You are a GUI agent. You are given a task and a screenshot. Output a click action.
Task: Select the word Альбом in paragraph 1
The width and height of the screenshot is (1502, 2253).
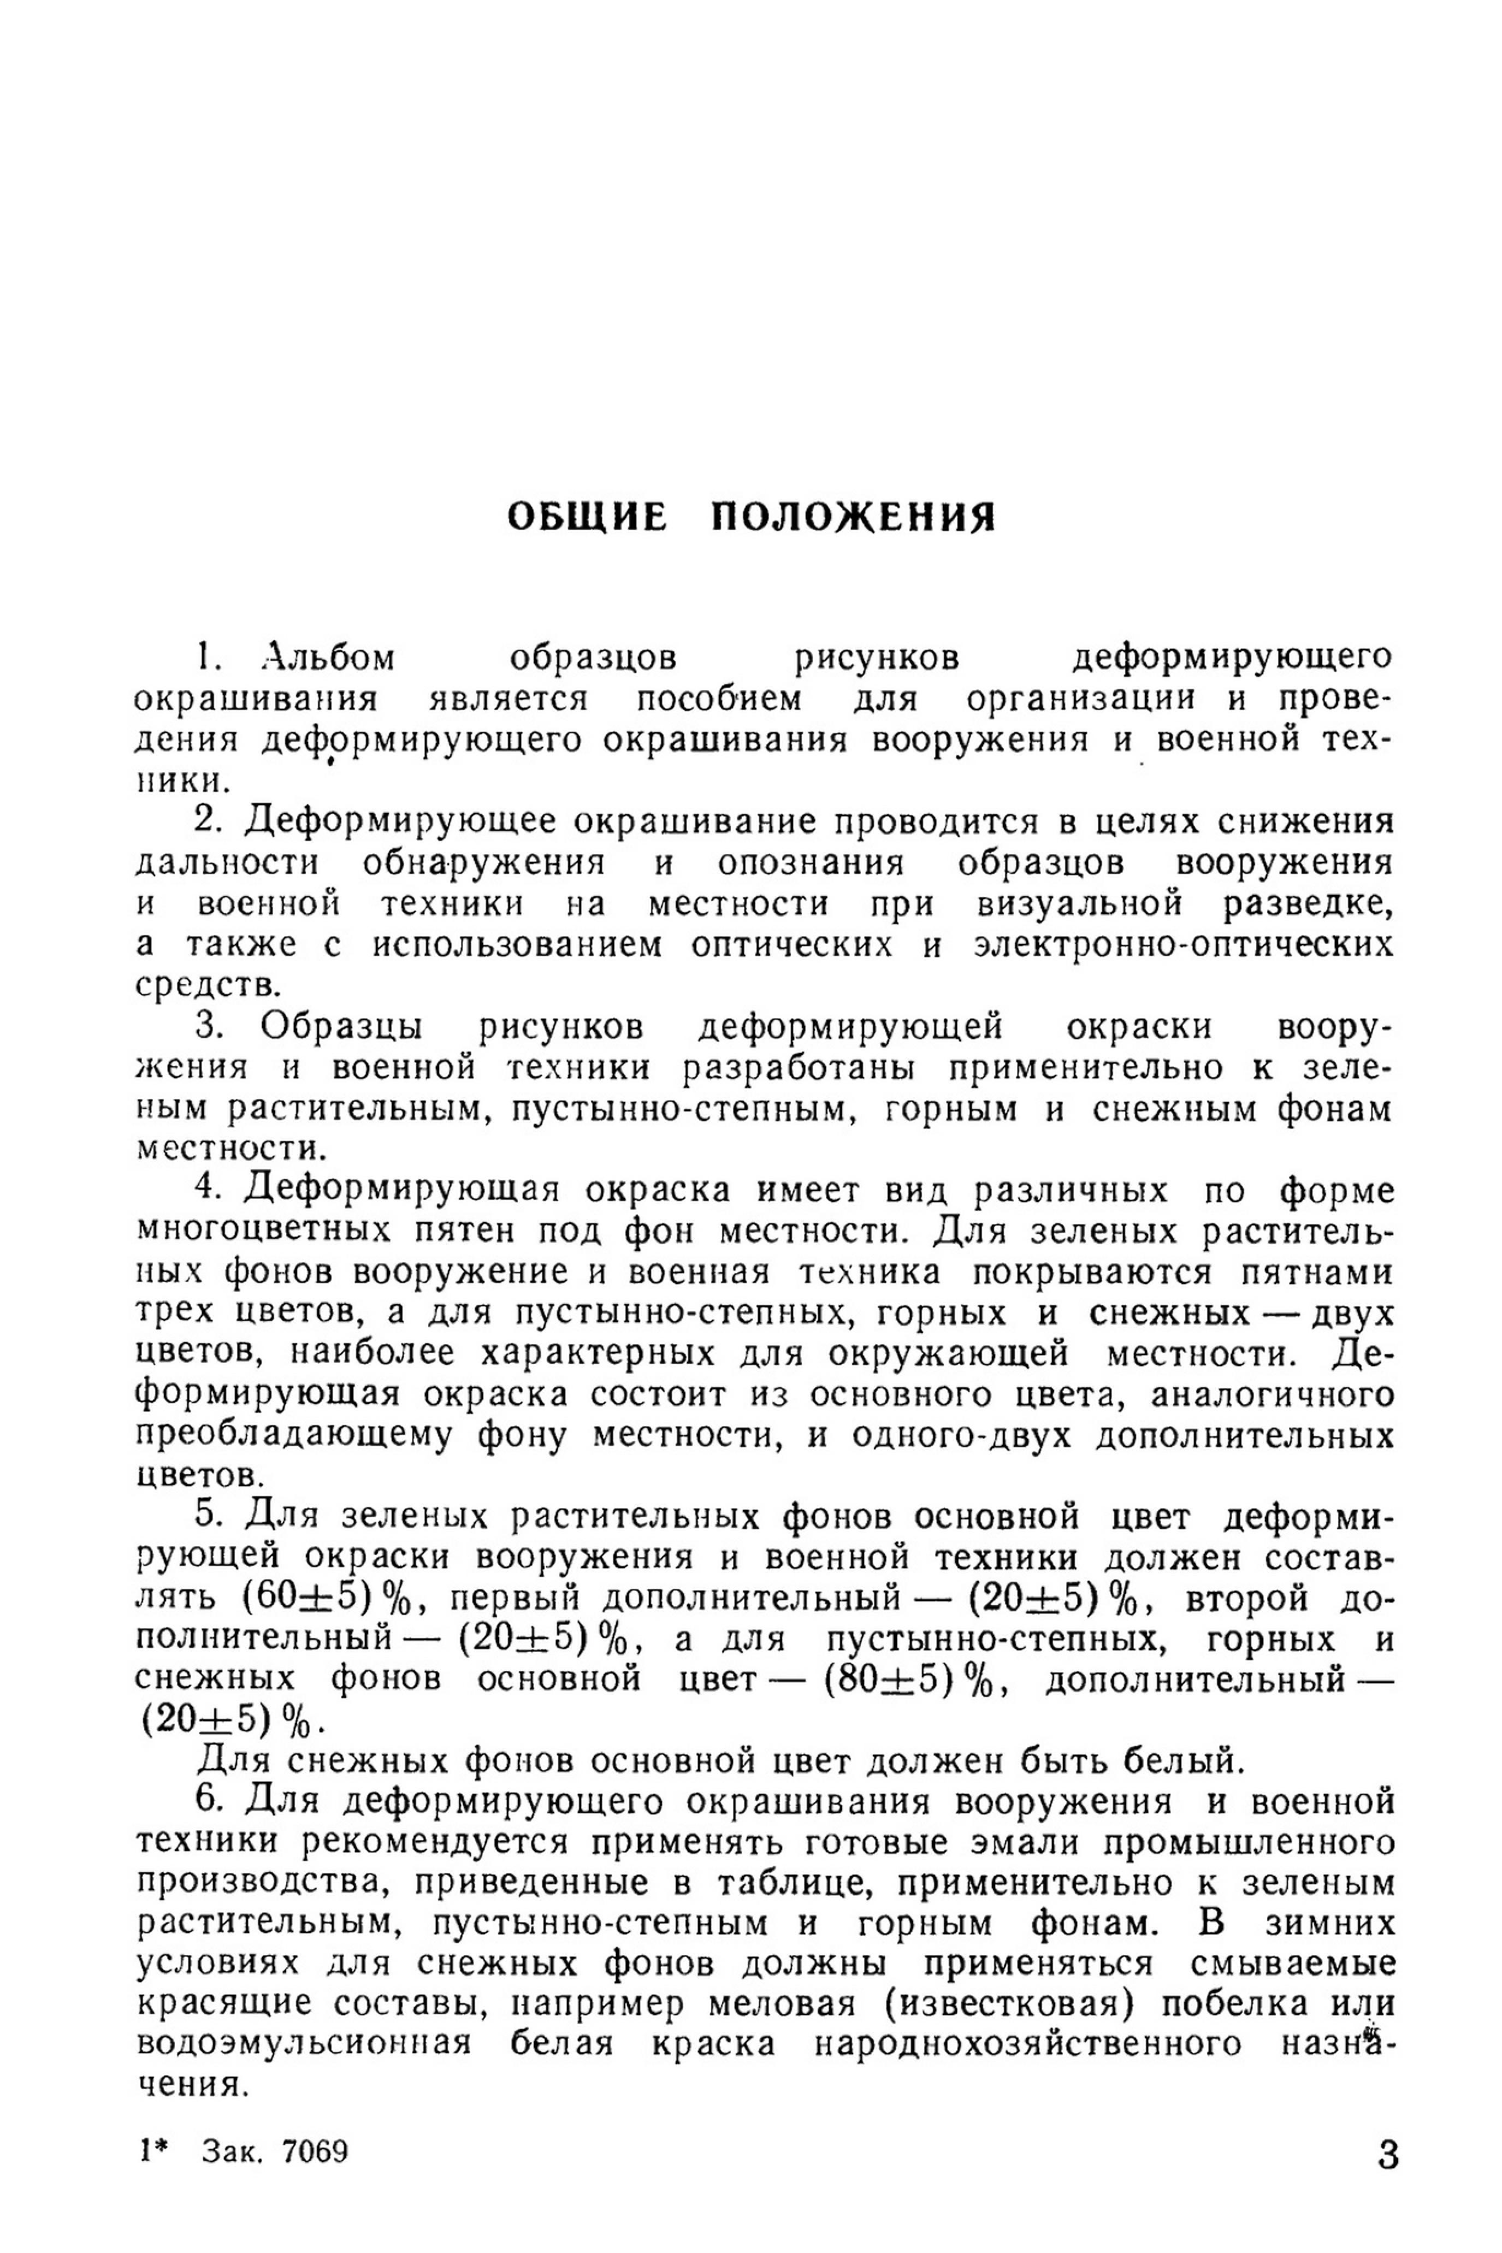pos(328,659)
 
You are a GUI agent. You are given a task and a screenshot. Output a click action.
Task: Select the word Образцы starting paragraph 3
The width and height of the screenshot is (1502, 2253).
pos(340,1027)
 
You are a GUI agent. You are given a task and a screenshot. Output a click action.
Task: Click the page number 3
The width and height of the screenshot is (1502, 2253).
pos(1387,2155)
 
